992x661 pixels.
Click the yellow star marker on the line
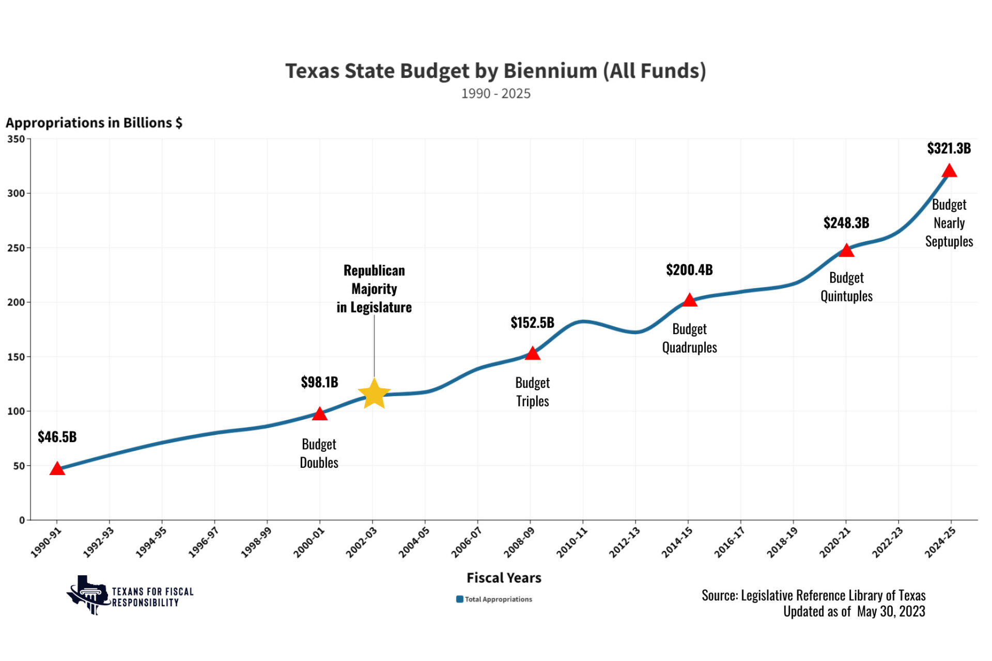point(374,394)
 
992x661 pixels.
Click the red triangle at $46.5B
point(57,469)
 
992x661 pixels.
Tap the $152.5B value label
point(532,323)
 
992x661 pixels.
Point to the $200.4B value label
point(689,270)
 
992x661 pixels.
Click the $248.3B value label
point(846,223)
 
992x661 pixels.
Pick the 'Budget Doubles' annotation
point(319,453)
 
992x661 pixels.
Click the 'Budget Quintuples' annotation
point(846,287)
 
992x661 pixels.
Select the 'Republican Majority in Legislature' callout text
point(374,289)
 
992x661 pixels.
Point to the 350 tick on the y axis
point(16,139)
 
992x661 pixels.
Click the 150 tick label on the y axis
point(16,357)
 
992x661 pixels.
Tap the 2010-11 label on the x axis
point(572,542)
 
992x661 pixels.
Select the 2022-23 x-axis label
point(888,542)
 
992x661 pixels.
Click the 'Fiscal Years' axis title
point(504,578)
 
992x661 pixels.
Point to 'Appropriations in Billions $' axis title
point(94,123)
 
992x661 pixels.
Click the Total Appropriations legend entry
point(494,599)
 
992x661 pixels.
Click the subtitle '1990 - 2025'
point(495,93)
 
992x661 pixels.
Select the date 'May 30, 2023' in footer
point(891,611)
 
